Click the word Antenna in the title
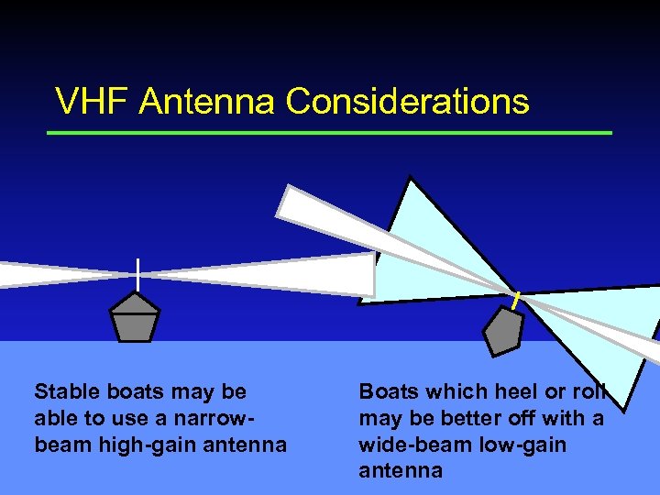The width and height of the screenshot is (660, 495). [207, 102]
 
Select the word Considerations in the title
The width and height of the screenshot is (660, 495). [407, 102]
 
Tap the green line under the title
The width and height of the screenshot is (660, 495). [330, 133]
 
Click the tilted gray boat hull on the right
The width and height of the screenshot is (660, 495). [502, 331]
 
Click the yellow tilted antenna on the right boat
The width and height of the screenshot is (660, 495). [516, 300]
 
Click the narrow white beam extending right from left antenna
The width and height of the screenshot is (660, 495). [275, 274]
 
